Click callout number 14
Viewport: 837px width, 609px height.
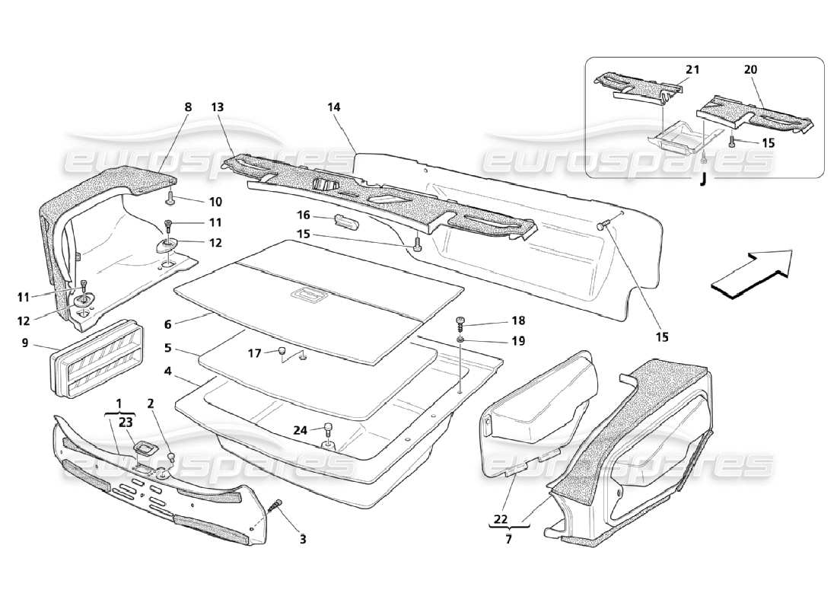[x=334, y=108]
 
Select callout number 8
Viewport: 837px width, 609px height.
[x=188, y=108]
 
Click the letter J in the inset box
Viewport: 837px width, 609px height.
[x=702, y=180]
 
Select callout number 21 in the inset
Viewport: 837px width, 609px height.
[x=692, y=69]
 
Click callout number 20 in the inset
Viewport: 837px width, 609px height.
[x=750, y=69]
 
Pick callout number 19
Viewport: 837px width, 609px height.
[x=518, y=341]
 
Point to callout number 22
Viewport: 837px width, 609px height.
[x=500, y=519]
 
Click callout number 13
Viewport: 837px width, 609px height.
[x=217, y=108]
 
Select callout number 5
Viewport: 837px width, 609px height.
[x=168, y=348]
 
